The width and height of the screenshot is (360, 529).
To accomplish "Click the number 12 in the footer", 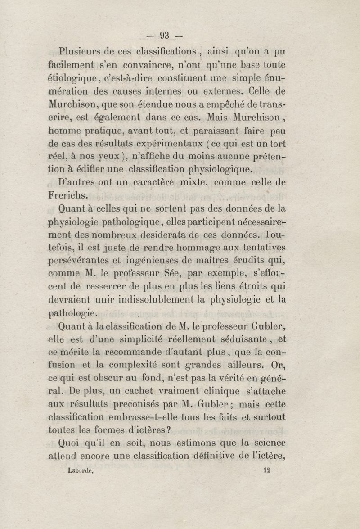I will click(266, 470).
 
